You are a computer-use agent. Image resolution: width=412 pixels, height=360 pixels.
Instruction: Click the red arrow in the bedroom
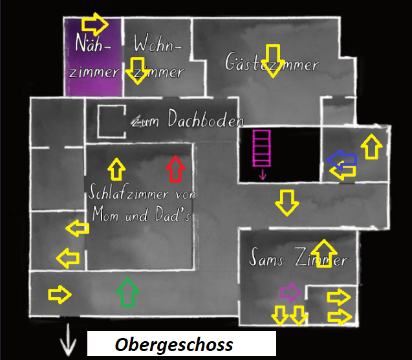tap(175, 169)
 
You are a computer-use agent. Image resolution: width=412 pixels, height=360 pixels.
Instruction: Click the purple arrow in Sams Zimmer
tap(290, 292)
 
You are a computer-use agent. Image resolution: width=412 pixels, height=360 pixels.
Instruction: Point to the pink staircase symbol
tap(262, 151)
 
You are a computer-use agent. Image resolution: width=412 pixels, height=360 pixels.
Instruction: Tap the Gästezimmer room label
tap(272, 63)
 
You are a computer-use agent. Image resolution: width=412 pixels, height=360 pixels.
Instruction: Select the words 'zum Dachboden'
tap(188, 120)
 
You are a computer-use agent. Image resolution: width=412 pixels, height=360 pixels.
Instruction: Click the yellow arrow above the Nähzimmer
tap(95, 24)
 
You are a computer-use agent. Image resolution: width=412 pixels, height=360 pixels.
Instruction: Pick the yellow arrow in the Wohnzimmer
tap(137, 70)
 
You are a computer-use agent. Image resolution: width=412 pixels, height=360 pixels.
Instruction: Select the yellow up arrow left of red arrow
tap(116, 169)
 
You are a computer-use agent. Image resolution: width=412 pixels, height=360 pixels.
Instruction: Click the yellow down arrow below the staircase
tap(287, 202)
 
